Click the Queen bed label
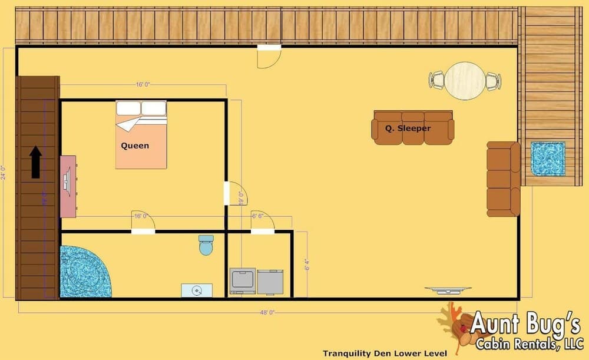(x=135, y=146)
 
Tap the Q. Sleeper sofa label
(x=408, y=128)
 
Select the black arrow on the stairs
(x=36, y=162)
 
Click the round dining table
(x=465, y=81)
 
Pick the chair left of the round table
(x=436, y=80)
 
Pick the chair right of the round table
(x=493, y=81)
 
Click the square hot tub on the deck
(x=548, y=158)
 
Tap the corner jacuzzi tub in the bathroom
(x=83, y=272)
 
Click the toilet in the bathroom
(x=206, y=245)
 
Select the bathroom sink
(x=197, y=290)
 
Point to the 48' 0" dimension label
(x=267, y=312)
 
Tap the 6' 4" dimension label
(x=307, y=265)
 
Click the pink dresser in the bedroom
(x=68, y=186)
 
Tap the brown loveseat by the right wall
(x=503, y=179)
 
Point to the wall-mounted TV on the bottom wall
(x=448, y=289)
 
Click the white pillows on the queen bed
(x=141, y=108)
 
